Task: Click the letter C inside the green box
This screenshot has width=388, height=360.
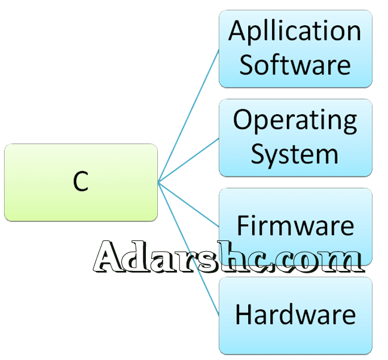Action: [x=81, y=182]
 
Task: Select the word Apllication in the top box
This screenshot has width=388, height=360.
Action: [x=295, y=30]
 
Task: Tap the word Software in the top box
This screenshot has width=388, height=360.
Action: [x=295, y=65]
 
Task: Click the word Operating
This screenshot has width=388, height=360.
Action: [x=295, y=120]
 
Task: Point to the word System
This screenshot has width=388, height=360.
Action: [x=294, y=154]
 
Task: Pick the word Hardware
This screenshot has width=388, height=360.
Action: [x=295, y=314]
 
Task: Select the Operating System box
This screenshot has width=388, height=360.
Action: [x=295, y=138]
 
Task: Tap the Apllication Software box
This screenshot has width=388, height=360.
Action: [x=295, y=48]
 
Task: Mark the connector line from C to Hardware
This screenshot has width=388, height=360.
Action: [x=188, y=249]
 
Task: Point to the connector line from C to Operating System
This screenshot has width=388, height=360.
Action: [x=188, y=161]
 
